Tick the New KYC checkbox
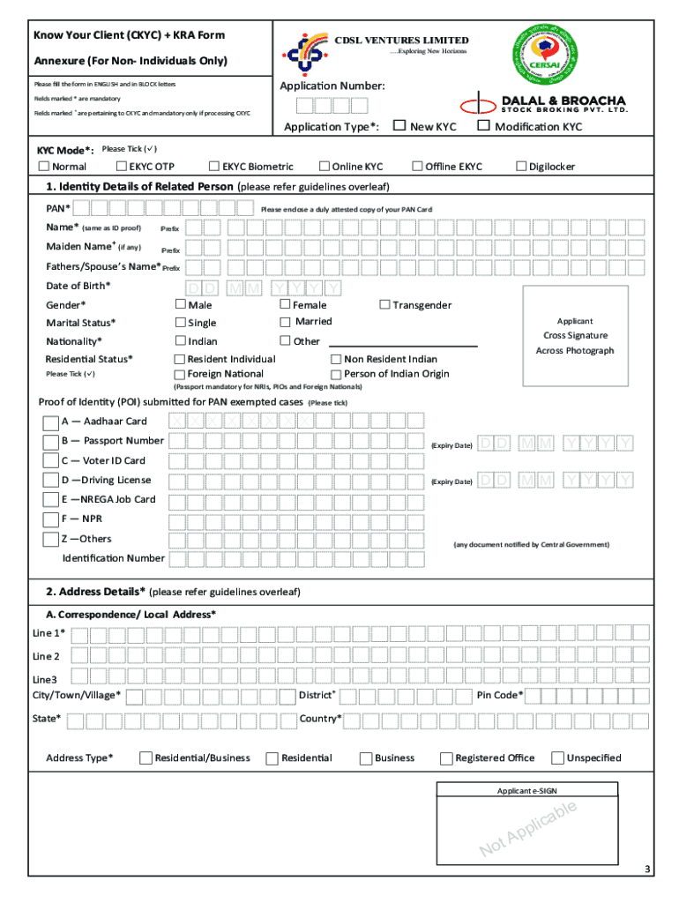[399, 126]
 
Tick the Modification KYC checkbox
[482, 126]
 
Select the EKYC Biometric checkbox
[213, 166]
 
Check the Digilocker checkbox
[521, 166]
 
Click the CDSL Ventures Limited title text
[401, 40]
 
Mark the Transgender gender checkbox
[384, 304]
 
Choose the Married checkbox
[285, 322]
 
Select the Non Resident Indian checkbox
[336, 359]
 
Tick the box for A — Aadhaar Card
[51, 422]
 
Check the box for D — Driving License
[51, 481]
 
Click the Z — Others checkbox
[51, 540]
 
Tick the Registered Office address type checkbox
[447, 758]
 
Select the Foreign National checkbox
[180, 374]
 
